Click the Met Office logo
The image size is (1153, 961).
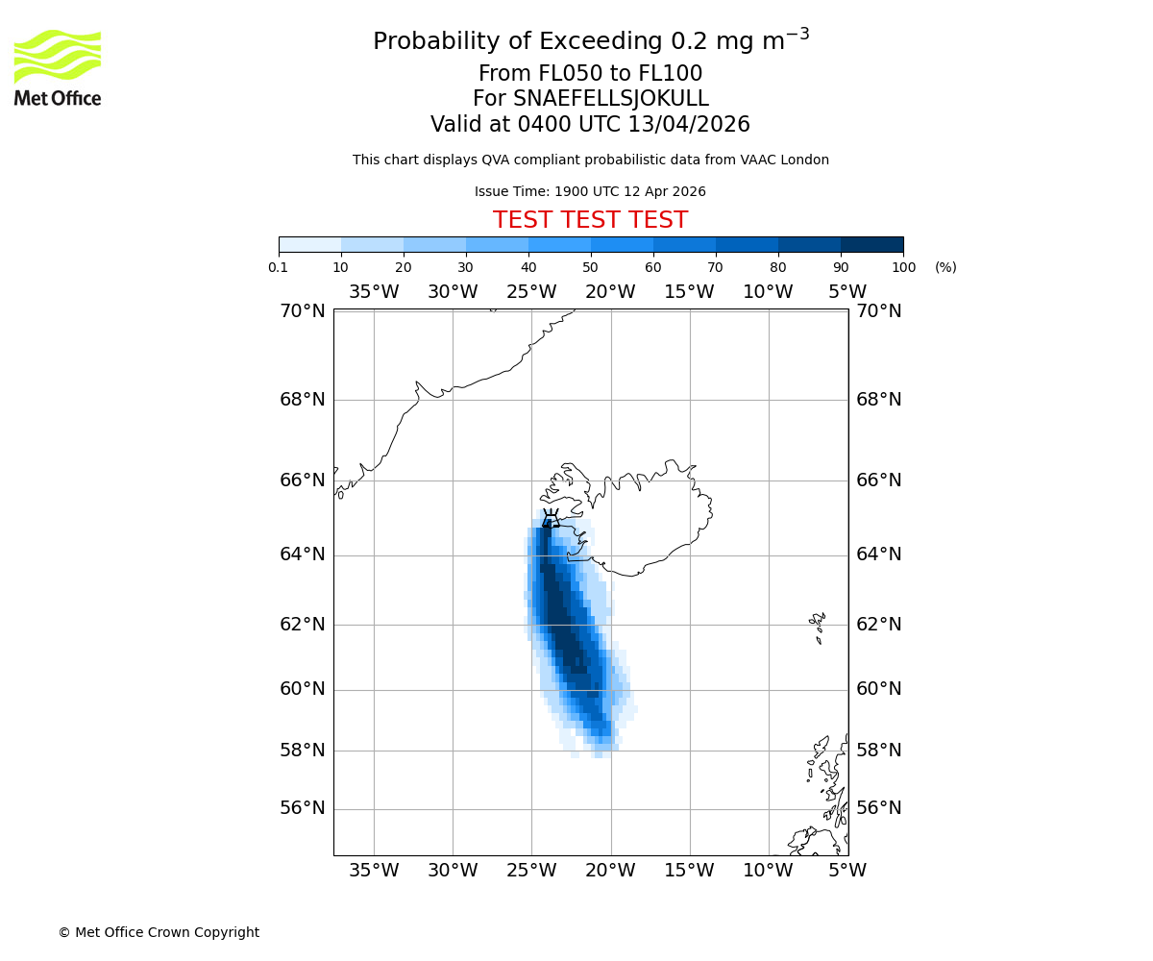pos(58,67)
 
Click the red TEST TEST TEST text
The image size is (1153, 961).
pos(590,221)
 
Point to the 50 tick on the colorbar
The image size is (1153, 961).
pos(591,267)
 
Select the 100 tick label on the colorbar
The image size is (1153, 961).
pos(903,267)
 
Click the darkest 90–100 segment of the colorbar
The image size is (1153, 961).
pos(871,244)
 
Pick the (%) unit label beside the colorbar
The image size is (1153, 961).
pos(945,267)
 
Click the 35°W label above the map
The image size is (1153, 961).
pos(374,292)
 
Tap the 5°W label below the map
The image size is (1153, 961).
pos(847,871)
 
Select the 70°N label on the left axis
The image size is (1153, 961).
pos(303,310)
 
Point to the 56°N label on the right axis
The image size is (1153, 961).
pos(879,808)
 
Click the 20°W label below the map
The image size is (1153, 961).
pos(610,871)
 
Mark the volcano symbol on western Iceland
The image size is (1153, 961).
pos(551,519)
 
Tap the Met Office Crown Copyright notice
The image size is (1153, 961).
pos(159,932)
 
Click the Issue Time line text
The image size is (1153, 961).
pos(590,191)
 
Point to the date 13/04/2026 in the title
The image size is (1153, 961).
pos(689,125)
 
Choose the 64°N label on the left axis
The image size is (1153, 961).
pos(303,554)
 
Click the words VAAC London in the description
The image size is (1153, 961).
pos(787,160)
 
